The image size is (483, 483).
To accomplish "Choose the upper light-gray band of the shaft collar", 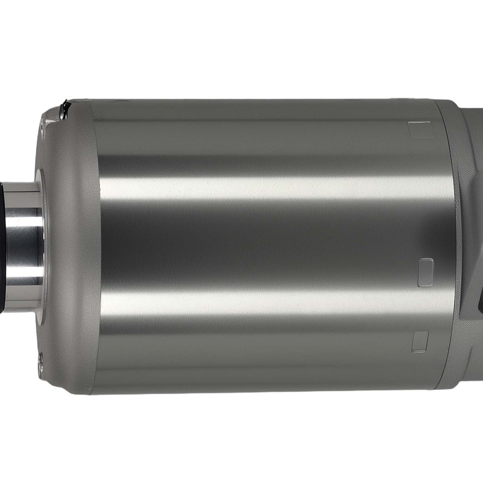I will tap(22, 186).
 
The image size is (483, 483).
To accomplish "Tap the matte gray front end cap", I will tap(72, 241).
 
